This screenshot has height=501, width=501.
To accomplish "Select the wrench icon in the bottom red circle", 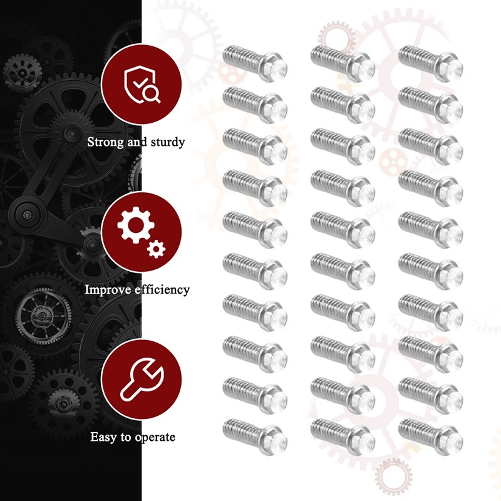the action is [142, 380].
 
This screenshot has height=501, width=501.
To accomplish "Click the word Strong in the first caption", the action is [106, 142].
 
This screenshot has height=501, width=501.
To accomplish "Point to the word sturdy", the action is [168, 142].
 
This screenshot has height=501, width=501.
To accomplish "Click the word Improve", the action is [108, 290].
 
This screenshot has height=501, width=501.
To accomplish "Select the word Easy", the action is [104, 437].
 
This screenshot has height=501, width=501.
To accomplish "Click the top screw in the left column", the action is [255, 64].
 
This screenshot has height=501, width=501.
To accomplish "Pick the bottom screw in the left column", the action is [255, 437].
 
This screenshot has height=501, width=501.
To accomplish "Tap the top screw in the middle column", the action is [343, 64].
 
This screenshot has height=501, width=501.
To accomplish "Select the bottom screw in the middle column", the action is [343, 437].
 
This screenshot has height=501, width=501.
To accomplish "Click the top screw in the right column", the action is [431, 64].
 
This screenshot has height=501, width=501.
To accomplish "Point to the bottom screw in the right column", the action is [431, 437].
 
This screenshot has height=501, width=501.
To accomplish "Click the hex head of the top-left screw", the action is [274, 68].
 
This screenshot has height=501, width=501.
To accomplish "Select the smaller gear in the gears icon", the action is [156, 249].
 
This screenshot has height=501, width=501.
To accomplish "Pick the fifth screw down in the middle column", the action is [343, 230].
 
